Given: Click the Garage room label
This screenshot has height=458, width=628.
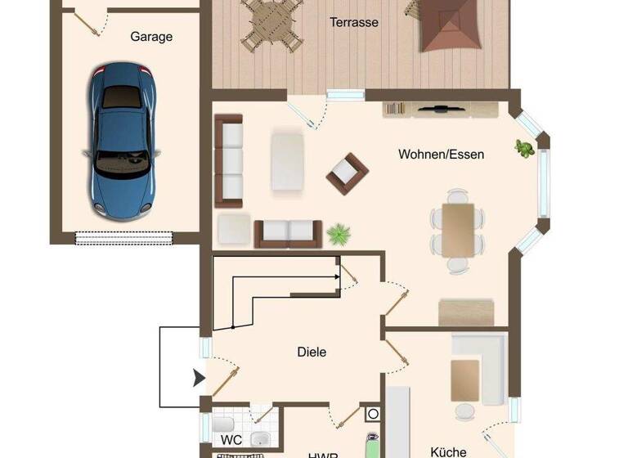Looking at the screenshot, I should click(x=151, y=37).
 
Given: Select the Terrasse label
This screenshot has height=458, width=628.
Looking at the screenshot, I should click(x=354, y=23).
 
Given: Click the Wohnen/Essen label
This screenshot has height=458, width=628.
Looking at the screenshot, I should click(x=441, y=154).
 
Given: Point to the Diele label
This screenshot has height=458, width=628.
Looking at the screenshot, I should click(x=312, y=352).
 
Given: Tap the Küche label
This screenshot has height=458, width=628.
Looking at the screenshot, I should click(x=448, y=451).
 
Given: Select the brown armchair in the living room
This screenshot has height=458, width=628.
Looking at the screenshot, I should click(x=347, y=172).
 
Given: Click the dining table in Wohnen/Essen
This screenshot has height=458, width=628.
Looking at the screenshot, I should click(x=458, y=229).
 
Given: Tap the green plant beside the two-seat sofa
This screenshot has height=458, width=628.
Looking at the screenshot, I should click(x=337, y=236).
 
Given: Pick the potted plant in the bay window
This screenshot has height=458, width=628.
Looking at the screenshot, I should click(x=524, y=149).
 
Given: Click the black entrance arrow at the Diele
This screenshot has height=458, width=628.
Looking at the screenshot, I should click(x=198, y=378).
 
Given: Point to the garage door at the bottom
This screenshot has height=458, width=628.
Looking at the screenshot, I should click(x=125, y=238).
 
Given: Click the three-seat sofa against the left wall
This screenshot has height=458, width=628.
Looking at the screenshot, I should click(x=230, y=160).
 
